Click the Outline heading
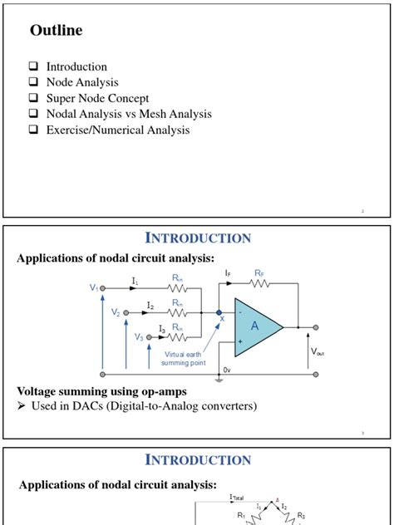tap(57, 32)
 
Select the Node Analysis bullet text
tap(82, 82)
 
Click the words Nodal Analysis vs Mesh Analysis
tap(129, 114)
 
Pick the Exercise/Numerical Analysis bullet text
tap(118, 130)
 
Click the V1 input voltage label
tap(94, 287)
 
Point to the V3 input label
tap(140, 337)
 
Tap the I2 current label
tap(150, 307)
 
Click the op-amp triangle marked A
tap(255, 326)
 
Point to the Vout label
tap(318, 351)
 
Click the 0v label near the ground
tap(227, 370)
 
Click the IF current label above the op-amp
tap(228, 272)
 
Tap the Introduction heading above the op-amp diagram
tap(198, 238)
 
